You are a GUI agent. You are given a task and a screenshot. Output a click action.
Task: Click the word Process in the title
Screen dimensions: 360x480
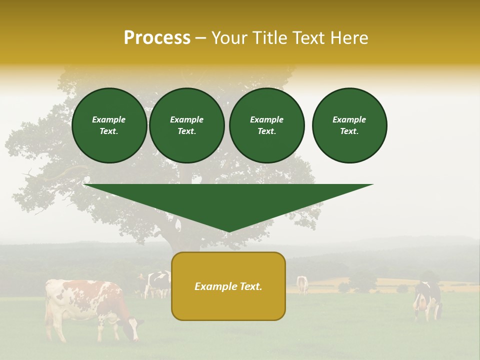[x=157, y=38]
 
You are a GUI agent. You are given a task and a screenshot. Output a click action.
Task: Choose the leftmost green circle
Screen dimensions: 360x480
[x=109, y=125]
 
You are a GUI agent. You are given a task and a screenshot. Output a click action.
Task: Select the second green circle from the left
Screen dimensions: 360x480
[x=187, y=125]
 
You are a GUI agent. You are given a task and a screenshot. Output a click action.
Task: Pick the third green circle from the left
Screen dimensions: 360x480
[x=267, y=125]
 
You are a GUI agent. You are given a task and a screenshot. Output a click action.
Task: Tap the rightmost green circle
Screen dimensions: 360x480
[x=349, y=125]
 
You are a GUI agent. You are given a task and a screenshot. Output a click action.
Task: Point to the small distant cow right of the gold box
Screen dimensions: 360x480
[x=302, y=284]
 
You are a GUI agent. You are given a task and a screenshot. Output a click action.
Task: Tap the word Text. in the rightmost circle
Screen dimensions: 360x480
[x=349, y=131]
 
